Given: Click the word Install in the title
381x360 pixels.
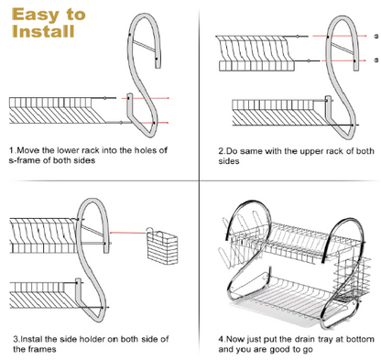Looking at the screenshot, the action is click(x=43, y=31).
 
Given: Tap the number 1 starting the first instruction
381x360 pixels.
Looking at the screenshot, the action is click(x=12, y=150).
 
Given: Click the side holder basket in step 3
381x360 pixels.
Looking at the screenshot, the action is click(x=161, y=246).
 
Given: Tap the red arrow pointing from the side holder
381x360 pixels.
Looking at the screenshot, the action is click(x=127, y=233).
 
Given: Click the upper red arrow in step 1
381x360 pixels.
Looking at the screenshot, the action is click(x=145, y=98).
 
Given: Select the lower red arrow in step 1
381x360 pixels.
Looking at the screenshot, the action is click(x=151, y=123).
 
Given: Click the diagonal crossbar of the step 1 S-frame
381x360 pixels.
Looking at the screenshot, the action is click(x=145, y=46).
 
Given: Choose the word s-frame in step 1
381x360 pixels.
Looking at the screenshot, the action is click(x=25, y=160).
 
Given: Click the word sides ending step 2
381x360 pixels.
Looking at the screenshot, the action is click(x=229, y=161).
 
